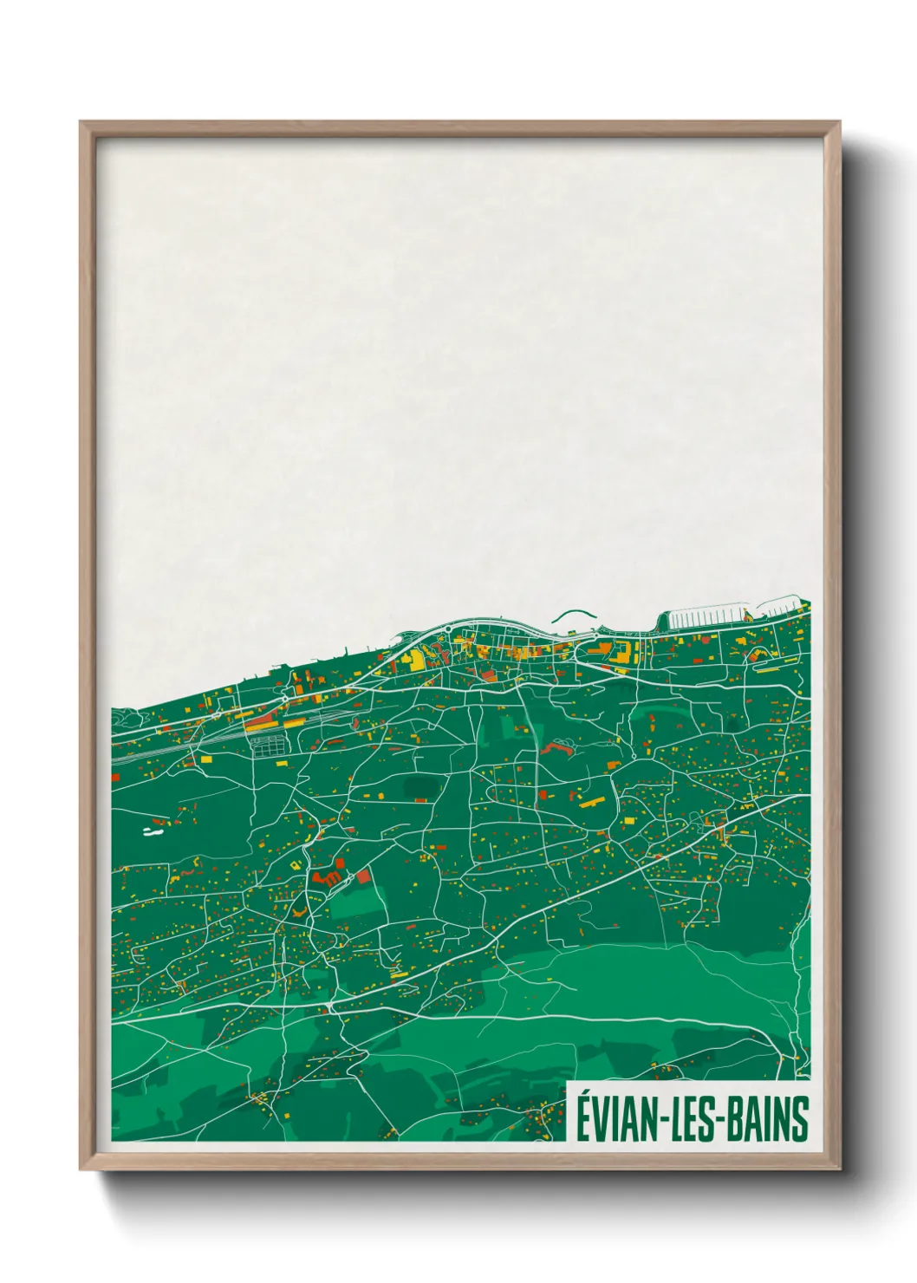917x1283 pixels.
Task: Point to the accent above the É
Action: pyautogui.click(x=585, y=1094)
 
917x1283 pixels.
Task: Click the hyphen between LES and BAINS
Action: pyautogui.click(x=724, y=1120)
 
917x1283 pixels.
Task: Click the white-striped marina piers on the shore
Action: pyautogui.click(x=706, y=615)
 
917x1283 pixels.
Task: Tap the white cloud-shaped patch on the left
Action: pyautogui.click(x=153, y=832)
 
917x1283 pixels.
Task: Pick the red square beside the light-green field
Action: pyautogui.click(x=363, y=876)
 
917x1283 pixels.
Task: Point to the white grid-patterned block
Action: pyautogui.click(x=268, y=744)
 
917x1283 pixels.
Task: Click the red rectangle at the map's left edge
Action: pyautogui.click(x=159, y=820)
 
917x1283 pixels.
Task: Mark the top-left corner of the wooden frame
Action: pyautogui.click(x=82, y=123)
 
